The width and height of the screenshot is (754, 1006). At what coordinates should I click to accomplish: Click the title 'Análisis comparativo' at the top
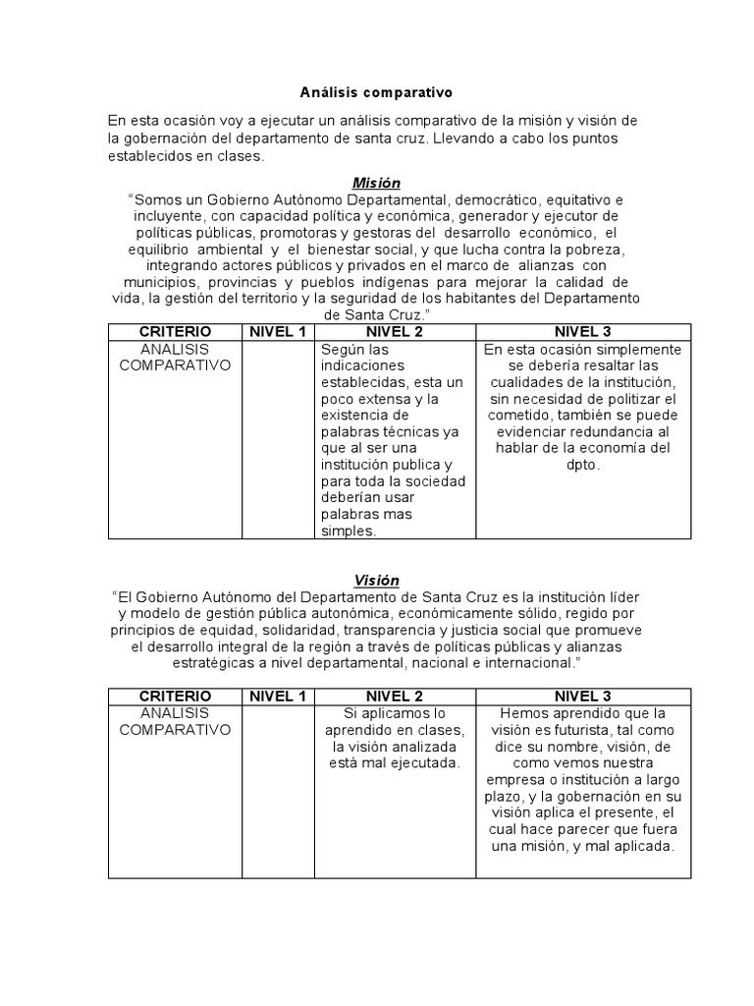point(376,92)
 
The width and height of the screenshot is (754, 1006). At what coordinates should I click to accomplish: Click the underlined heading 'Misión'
point(376,183)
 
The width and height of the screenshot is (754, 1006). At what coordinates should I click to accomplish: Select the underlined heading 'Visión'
point(376,581)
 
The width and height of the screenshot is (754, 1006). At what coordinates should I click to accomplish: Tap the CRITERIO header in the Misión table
point(175,332)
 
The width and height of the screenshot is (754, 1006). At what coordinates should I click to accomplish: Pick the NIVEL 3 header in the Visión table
point(583,696)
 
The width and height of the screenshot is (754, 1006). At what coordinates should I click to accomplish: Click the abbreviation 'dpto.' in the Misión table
point(583,465)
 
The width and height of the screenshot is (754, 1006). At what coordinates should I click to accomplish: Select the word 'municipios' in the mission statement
point(172,282)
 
